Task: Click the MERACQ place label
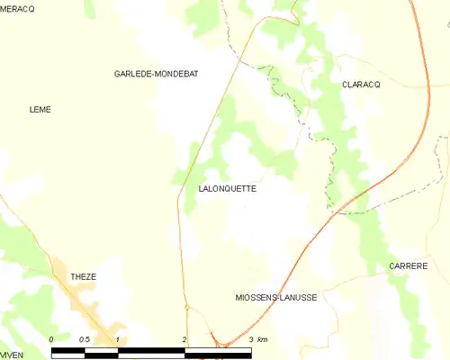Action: [17, 8]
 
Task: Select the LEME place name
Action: [40, 110]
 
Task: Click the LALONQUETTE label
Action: [227, 189]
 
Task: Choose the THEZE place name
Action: [83, 277]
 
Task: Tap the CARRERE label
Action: [408, 266]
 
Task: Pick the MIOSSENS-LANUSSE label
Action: [275, 297]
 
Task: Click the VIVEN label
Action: [12, 355]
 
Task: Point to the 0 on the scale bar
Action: [52, 339]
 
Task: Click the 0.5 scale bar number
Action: [85, 339]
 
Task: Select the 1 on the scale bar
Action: [118, 339]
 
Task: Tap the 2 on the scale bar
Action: [184, 339]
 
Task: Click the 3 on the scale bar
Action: [250, 339]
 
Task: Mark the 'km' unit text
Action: [263, 339]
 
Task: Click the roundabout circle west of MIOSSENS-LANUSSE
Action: [186, 308]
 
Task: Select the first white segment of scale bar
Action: [68, 352]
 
